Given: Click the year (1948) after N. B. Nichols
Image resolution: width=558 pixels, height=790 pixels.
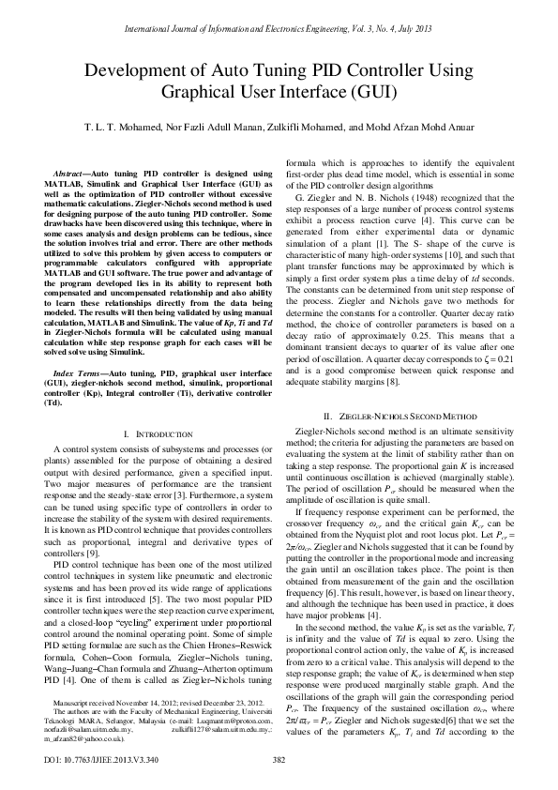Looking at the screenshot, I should [x=403, y=199].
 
